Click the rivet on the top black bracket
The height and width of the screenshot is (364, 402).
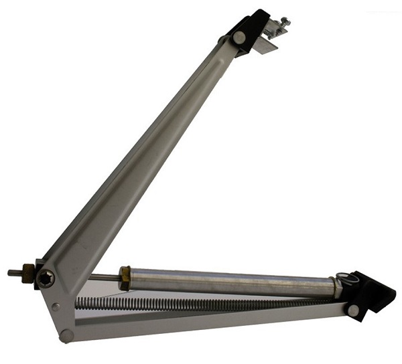point(239,38)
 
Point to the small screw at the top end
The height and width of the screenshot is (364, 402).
point(285,22)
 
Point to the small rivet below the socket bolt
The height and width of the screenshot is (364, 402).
point(56,307)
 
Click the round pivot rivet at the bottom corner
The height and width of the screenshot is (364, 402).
point(66,334)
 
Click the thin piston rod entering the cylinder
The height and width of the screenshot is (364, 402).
point(104,277)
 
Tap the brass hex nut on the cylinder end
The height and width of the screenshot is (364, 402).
point(125,278)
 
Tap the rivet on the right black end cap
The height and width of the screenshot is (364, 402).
point(353,310)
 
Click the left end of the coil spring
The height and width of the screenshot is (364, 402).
point(78,302)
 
